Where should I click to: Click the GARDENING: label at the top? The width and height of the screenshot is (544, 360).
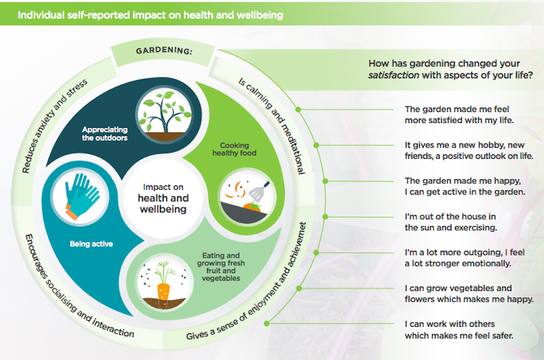pyautogui.click(x=164, y=52)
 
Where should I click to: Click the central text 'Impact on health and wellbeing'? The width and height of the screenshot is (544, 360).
pyautogui.click(x=163, y=198)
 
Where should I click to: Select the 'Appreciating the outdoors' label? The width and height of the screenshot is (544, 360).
pyautogui.click(x=105, y=134)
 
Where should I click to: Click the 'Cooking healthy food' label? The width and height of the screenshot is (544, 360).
pyautogui.click(x=234, y=149)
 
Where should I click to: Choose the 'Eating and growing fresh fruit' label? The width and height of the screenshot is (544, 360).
pyautogui.click(x=220, y=266)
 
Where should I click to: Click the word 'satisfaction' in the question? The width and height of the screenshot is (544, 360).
pyautogui.click(x=394, y=76)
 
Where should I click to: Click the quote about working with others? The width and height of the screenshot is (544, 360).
pyautogui.click(x=459, y=330)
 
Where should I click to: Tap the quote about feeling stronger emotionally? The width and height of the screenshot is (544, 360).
pyautogui.click(x=458, y=258)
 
